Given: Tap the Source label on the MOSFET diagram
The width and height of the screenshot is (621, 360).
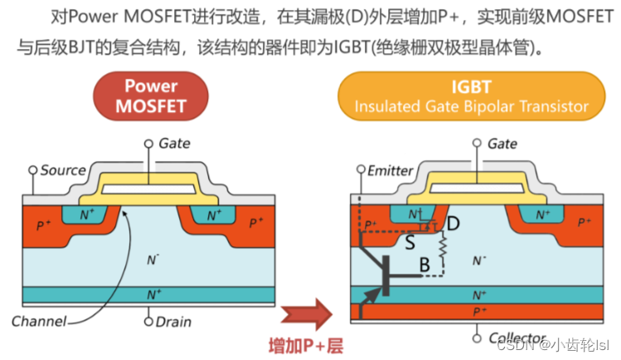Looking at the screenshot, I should coord(63,170).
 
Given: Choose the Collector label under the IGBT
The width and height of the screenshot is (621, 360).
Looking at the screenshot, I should coord(517,338).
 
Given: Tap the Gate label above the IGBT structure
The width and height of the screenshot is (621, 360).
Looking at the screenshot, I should coord(502,144).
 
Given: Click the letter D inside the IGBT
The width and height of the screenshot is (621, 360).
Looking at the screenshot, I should coord(453,224).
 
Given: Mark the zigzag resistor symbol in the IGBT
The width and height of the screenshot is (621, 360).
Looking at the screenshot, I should coord(443,246).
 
